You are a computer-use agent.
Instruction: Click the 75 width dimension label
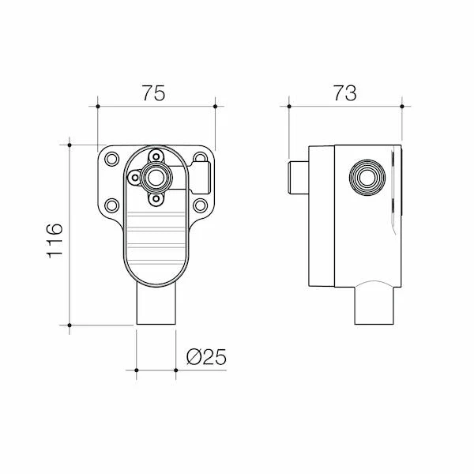pos(154,92)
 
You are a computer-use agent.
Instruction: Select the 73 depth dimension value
pos(345,92)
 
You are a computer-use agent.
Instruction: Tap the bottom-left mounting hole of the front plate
pos(111,206)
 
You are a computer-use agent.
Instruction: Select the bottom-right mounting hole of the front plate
pos(201,206)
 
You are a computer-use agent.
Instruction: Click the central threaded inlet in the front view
pos(156,177)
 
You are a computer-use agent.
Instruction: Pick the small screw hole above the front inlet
pos(156,156)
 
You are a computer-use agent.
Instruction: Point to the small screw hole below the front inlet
pos(156,199)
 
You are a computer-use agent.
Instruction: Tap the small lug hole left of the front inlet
pos(135,177)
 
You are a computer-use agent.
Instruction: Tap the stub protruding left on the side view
pos(298,177)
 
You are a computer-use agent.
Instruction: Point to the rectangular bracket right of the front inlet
pos(201,172)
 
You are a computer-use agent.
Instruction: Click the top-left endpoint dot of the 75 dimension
pos(97,105)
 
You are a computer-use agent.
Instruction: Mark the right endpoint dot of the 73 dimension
pos(403,105)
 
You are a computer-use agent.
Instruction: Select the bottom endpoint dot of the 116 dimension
pos(70,325)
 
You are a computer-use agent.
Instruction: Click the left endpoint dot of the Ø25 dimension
pos(137,369)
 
